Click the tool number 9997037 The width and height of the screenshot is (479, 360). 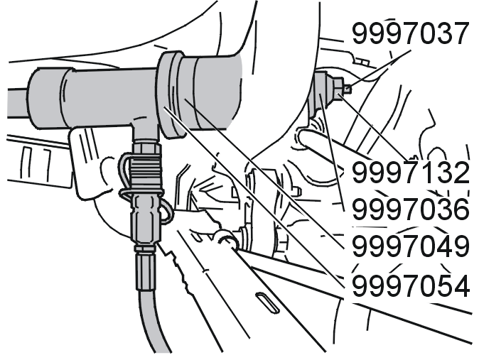[410, 33]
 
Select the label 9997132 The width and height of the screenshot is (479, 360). [410, 172]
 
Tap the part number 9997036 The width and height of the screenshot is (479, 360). [410, 209]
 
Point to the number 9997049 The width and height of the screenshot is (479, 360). [410, 246]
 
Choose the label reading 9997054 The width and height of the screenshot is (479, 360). [410, 285]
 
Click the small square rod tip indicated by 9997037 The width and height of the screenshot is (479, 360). [348, 89]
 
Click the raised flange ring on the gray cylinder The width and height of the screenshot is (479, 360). [171, 94]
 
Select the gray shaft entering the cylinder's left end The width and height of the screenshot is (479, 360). [18, 103]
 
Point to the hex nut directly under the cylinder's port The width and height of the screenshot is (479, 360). [146, 148]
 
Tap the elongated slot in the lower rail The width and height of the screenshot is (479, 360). [267, 302]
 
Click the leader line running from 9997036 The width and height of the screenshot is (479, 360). [332, 152]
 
